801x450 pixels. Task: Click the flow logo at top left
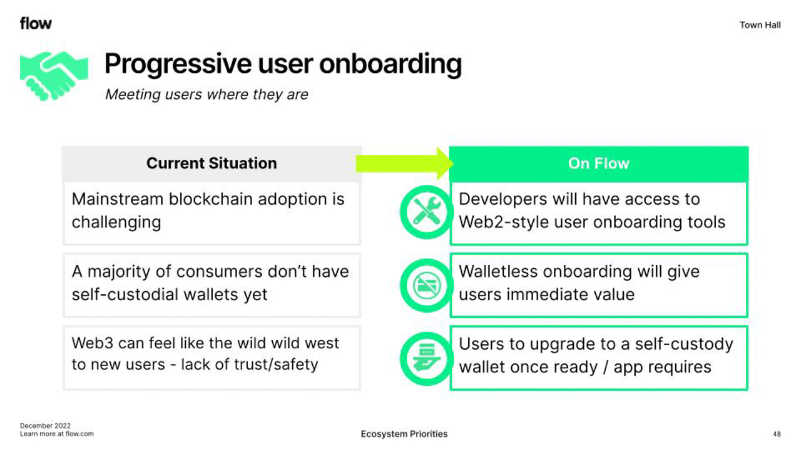coord(36,24)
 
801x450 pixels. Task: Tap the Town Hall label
coord(760,25)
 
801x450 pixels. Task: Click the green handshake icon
coord(54,76)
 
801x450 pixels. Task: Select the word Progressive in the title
coord(178,64)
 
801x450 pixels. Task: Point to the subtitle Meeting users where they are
coord(207,94)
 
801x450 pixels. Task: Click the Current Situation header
coord(212,163)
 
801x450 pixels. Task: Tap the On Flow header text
coord(599,164)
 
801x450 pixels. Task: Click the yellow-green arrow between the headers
coord(405,164)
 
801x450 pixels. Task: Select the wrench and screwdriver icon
coord(427,211)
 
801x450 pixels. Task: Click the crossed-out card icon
coord(427,286)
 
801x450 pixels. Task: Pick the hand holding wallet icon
coord(427,358)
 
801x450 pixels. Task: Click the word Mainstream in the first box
coord(118,199)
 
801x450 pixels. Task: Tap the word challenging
coord(116,222)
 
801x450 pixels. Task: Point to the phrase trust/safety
coord(277,364)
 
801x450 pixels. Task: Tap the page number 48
coord(777,434)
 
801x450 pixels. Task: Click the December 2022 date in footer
coord(46,426)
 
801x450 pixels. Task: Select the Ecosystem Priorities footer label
coord(404,434)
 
